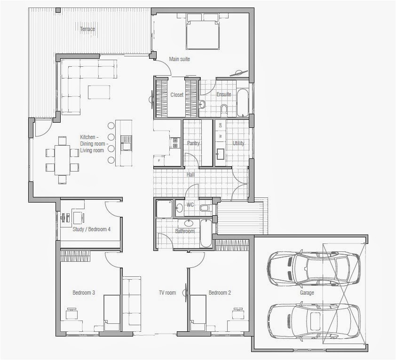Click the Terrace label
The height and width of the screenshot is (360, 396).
[87, 29]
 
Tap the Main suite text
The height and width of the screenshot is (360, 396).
[180, 59]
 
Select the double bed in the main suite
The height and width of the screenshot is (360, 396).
[203, 33]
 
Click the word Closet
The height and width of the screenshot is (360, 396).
[177, 95]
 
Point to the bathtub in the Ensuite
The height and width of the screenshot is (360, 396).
[242, 102]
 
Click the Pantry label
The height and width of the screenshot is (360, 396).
[193, 143]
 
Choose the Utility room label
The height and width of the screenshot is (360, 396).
[238, 143]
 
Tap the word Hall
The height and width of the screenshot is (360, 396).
[190, 175]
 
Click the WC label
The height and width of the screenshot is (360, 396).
[190, 205]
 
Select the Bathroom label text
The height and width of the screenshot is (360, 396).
[185, 231]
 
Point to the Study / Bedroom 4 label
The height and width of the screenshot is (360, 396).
[92, 229]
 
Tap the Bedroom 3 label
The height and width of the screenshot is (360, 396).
[84, 293]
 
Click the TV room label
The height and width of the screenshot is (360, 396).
[167, 293]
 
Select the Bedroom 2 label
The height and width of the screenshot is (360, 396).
[220, 293]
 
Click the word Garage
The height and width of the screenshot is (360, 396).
[307, 293]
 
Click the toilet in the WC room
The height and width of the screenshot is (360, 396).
[205, 207]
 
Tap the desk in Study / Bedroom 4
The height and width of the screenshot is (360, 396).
[78, 218]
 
